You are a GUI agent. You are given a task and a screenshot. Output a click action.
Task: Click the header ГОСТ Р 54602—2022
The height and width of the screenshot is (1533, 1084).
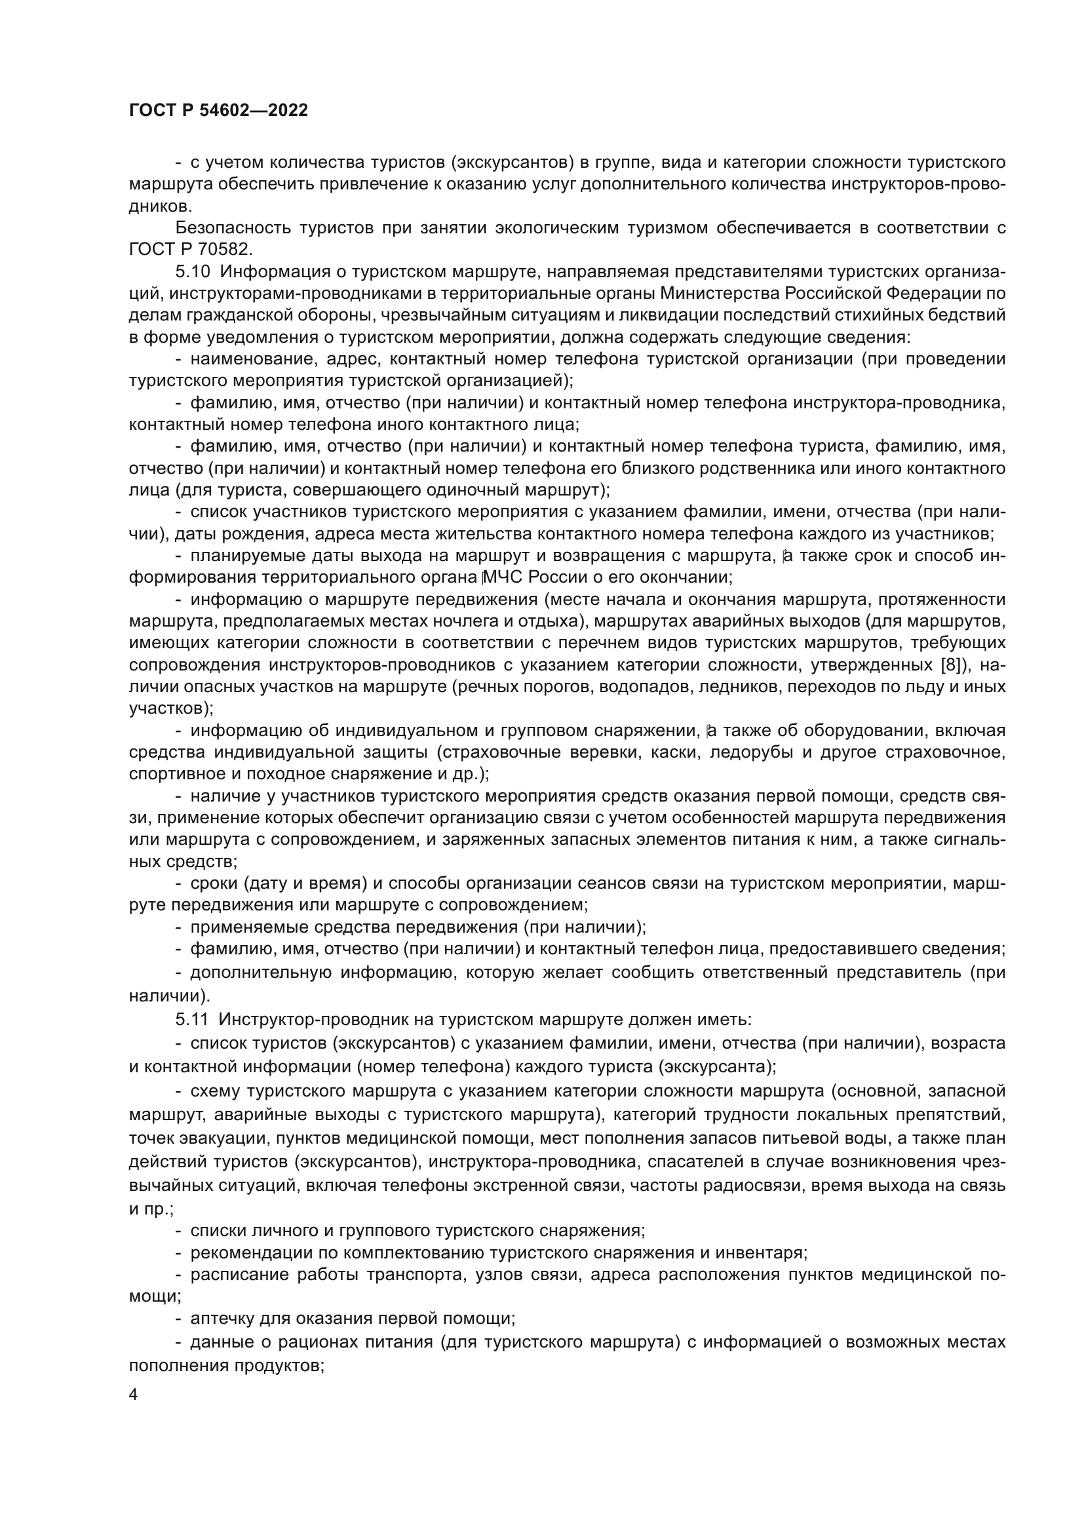point(218,111)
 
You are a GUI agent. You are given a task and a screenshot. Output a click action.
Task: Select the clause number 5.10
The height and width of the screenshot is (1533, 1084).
point(193,272)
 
